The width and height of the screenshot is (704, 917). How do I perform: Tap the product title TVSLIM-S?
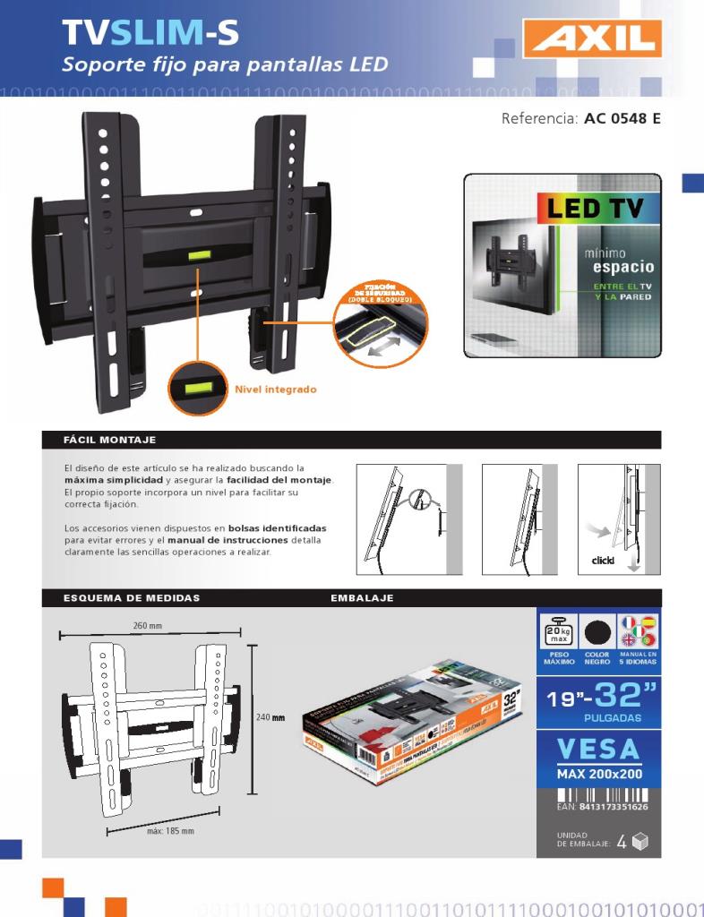coord(150,34)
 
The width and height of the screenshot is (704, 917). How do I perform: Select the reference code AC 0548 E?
coord(622,118)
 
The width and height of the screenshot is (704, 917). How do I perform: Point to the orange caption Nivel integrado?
coord(275,390)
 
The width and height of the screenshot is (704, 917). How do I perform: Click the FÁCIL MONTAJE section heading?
coord(110,440)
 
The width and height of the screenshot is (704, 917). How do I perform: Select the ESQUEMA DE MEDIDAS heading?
coord(132,597)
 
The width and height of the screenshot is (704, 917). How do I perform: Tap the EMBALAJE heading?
coord(363,597)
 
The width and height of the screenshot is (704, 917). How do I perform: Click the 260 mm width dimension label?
coord(148,625)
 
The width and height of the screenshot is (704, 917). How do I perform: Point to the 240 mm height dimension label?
coord(270,717)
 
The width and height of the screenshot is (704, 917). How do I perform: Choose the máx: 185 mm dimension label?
coord(170,831)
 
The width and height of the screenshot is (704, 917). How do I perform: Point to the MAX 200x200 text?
coord(598,773)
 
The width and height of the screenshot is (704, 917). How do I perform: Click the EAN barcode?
coord(598,795)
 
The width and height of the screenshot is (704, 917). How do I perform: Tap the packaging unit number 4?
coord(622,842)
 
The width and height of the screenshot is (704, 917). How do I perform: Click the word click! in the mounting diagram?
coord(603,561)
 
